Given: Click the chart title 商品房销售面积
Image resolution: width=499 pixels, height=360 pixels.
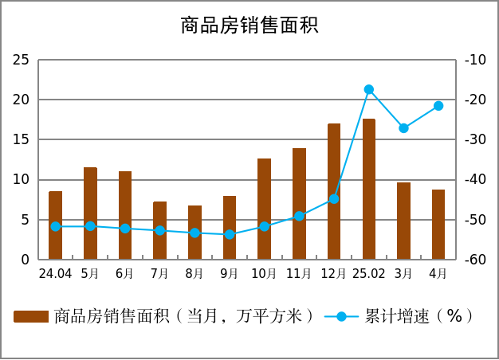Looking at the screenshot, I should [x=249, y=25].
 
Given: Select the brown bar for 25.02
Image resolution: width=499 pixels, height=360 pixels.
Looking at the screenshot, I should [x=369, y=189].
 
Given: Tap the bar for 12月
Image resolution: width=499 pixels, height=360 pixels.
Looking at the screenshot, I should [x=334, y=191].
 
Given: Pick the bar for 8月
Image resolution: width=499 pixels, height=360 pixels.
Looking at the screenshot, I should [x=194, y=233].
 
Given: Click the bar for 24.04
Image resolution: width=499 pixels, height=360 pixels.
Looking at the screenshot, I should [x=55, y=225].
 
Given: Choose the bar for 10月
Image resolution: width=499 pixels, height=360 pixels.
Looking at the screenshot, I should [x=264, y=209].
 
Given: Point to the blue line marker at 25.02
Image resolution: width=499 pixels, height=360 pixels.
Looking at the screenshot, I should [x=369, y=89].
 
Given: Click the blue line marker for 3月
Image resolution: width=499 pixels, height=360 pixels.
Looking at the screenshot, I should [x=403, y=128].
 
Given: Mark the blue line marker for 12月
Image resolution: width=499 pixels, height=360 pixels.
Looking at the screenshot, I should [x=334, y=199].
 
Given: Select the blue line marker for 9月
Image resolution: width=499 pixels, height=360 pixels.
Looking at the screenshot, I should [x=230, y=234].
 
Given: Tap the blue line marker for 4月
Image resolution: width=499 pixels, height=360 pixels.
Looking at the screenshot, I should [x=438, y=106].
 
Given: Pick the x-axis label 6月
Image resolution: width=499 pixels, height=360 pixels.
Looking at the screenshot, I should [x=124, y=273].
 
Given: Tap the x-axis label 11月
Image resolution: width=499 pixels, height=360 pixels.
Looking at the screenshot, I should [x=299, y=273].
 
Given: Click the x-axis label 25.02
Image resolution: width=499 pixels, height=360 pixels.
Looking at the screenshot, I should [x=369, y=273].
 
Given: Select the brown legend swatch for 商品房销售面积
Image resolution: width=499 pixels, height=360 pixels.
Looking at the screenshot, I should [x=31, y=317].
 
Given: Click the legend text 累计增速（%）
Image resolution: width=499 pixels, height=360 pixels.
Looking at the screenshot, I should [x=419, y=316].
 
